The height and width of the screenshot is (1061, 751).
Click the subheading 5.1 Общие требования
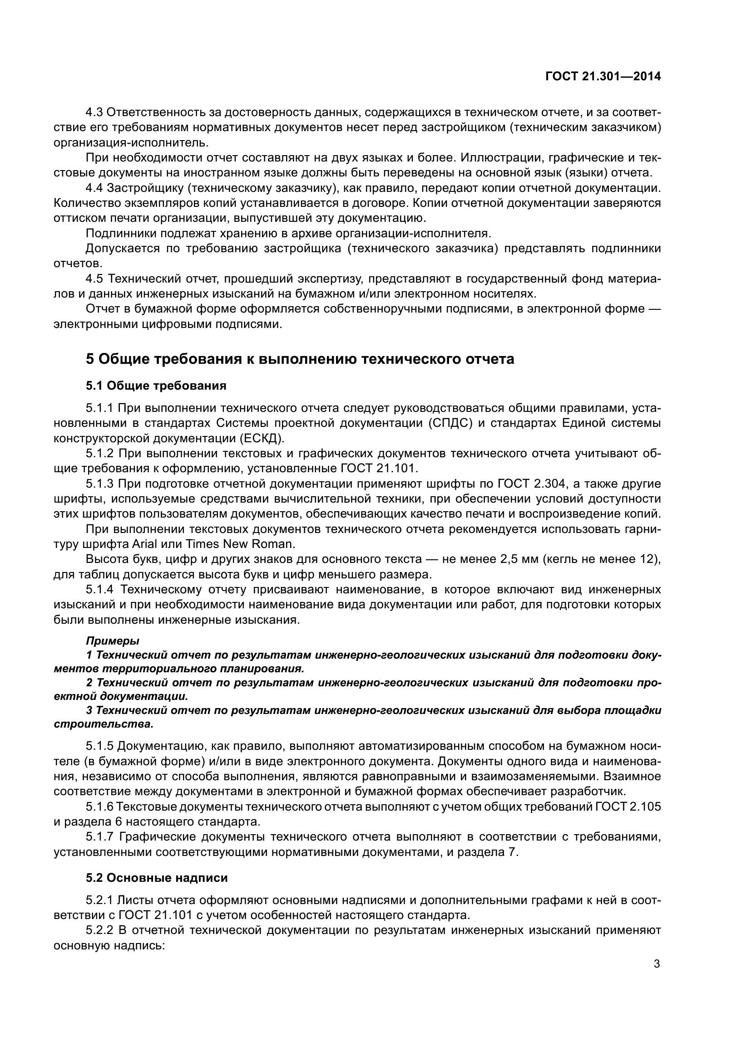pyautogui.click(x=156, y=386)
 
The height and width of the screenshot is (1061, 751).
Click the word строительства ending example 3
pyautogui.click(x=103, y=724)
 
